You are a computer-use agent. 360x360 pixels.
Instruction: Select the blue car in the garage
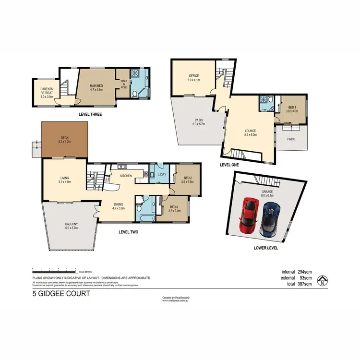coord(270,218)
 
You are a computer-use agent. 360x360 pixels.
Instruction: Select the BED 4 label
coord(292,109)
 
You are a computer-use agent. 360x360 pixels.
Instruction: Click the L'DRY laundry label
coord(162,175)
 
